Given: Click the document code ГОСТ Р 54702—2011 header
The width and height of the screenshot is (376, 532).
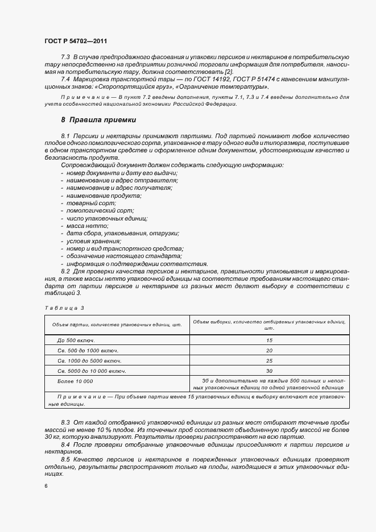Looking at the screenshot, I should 75,41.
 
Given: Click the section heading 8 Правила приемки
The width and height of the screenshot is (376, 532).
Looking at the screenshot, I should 98,120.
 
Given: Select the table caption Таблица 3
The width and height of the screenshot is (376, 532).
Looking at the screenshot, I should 64,307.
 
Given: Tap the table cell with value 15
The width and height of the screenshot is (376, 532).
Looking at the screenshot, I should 269,340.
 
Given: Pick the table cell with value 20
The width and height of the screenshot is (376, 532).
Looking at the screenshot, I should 269,350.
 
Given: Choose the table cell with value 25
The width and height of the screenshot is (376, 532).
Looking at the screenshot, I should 269,360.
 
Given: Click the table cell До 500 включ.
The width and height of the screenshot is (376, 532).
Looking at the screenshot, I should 76,340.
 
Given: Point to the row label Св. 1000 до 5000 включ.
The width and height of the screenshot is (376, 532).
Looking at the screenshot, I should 89,360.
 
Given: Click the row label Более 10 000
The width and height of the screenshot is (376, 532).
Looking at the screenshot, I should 75,381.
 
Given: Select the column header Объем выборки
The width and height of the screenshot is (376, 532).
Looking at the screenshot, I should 269,325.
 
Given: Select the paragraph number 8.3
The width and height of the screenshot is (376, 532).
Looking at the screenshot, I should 65,423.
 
